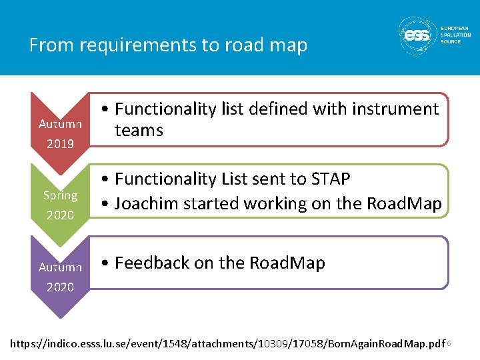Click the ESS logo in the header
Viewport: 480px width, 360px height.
418,35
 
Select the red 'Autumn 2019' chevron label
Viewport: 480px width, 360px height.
60,133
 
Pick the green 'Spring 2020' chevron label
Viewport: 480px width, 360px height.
60,205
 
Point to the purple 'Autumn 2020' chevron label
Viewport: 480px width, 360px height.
60,277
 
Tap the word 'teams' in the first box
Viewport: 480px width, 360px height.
139,130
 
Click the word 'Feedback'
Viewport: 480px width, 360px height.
152,263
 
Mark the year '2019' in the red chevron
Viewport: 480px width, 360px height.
60,143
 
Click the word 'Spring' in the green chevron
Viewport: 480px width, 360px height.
60,195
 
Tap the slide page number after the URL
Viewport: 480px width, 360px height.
449,343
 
